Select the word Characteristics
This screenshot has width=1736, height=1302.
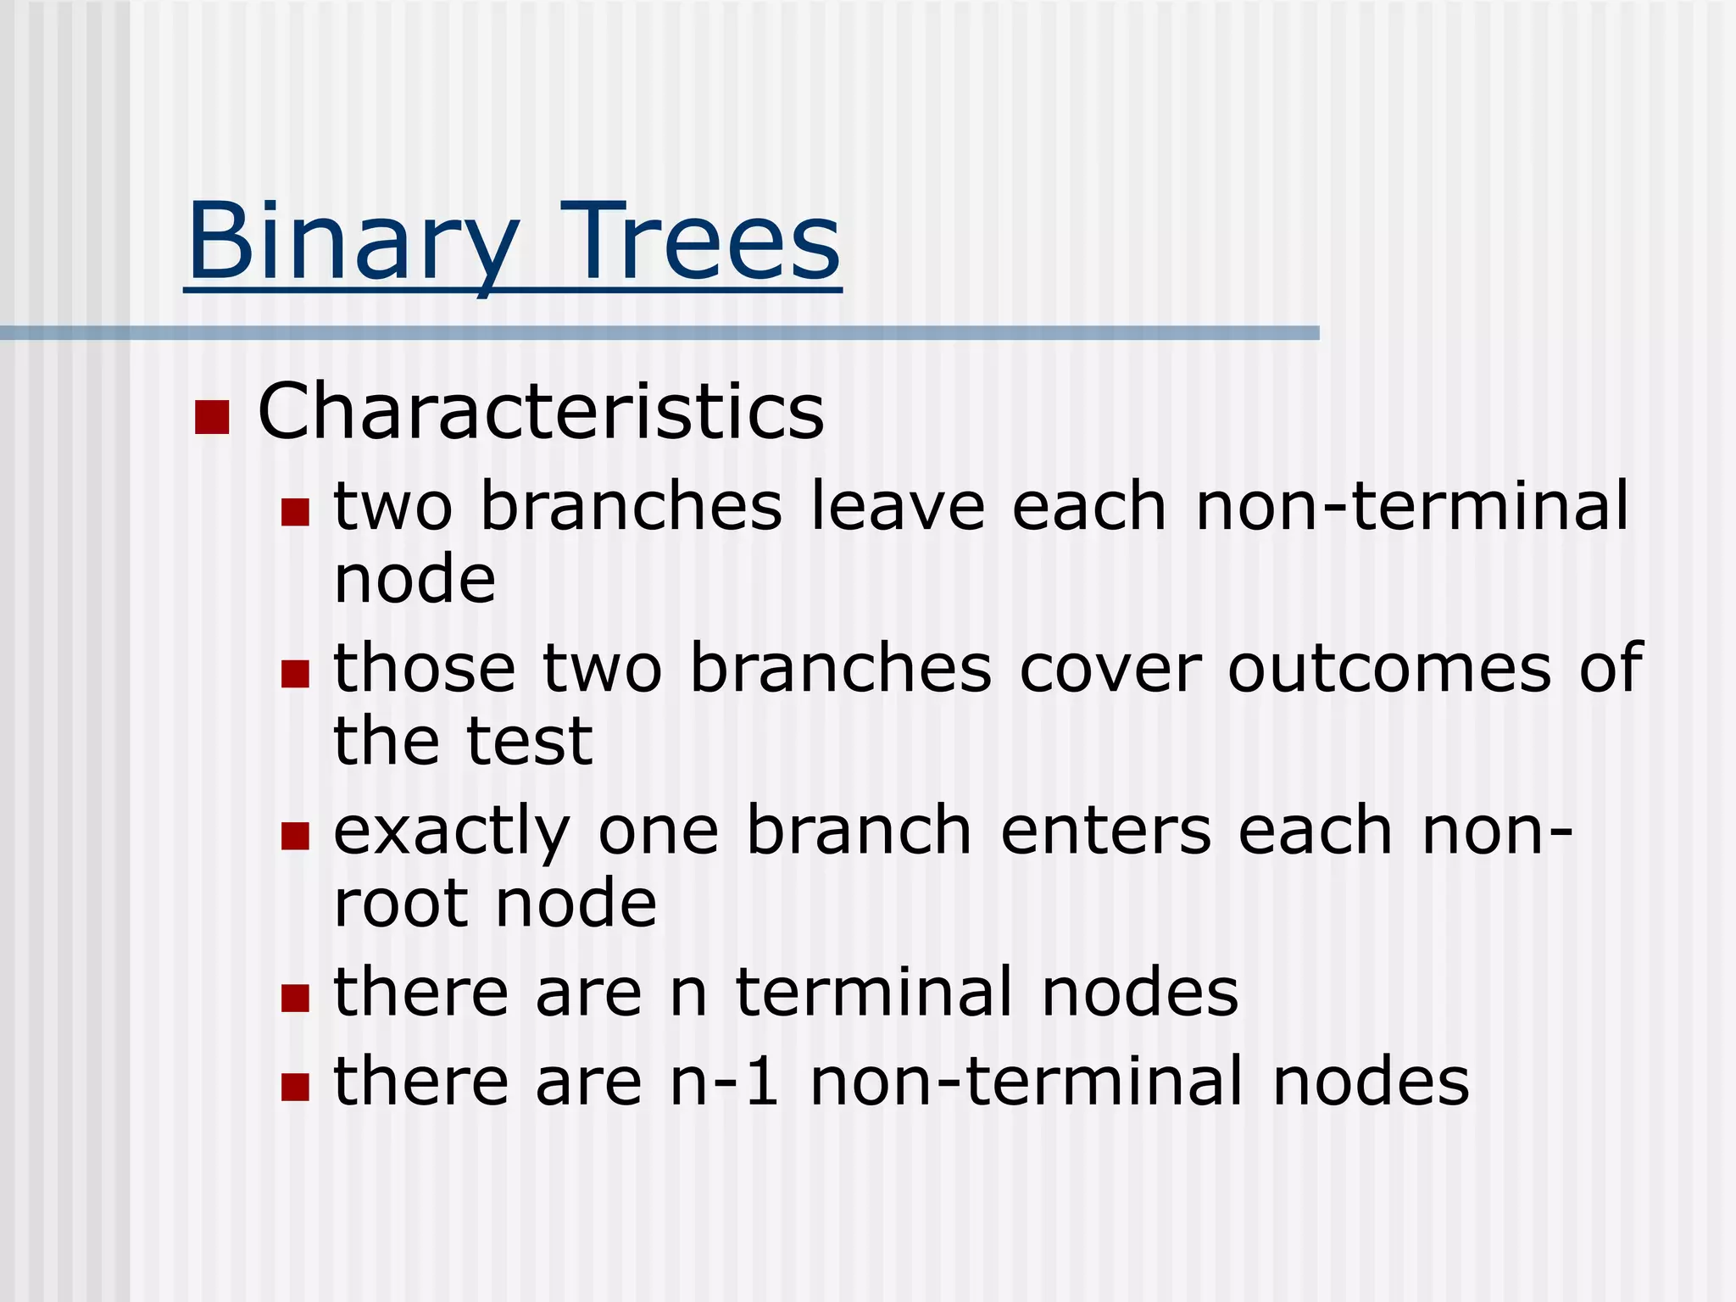tap(541, 412)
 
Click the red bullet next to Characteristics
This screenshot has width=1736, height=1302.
tap(212, 416)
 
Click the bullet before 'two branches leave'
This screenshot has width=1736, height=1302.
tap(295, 511)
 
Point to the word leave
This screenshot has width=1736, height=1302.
tap(898, 507)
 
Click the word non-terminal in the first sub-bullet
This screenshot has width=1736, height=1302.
tap(1411, 507)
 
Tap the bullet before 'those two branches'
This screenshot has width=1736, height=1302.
tap(295, 674)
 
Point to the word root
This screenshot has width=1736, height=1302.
tap(401, 904)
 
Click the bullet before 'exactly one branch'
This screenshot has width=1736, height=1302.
tap(295, 836)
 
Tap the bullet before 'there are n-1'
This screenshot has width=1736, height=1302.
tap(295, 1086)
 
